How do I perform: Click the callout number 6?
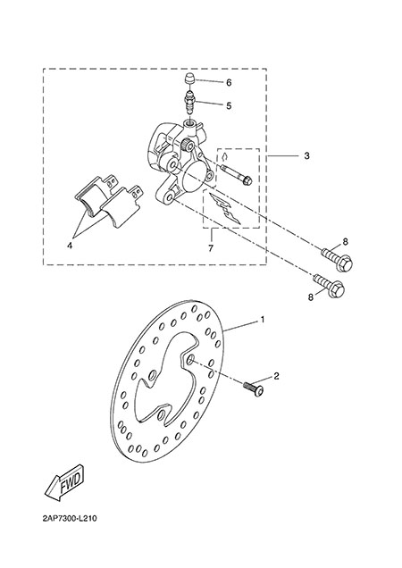[229, 83]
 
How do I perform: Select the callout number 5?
[229, 105]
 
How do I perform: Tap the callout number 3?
[306, 155]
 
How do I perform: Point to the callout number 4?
[70, 246]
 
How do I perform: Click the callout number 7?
[211, 248]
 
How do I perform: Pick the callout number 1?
[263, 320]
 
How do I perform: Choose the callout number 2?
[276, 376]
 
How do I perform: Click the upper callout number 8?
[345, 242]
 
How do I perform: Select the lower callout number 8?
[310, 297]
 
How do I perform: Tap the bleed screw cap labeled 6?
[188, 79]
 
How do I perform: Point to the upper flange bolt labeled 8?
[337, 259]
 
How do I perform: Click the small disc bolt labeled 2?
[254, 388]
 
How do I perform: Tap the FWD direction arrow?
[65, 481]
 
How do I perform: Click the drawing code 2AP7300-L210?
[70, 518]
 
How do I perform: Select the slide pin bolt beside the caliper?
[236, 175]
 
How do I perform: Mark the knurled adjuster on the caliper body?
[188, 146]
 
